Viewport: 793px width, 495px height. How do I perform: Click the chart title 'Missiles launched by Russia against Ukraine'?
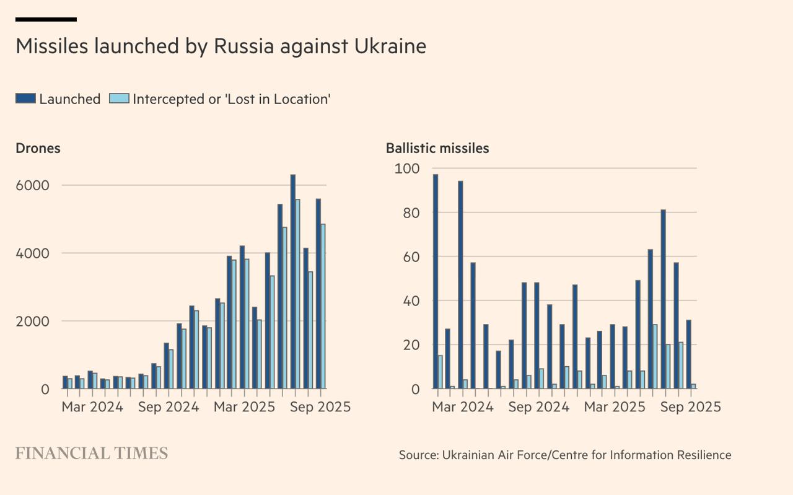click(x=221, y=46)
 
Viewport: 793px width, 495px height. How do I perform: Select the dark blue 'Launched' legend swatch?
click(x=25, y=99)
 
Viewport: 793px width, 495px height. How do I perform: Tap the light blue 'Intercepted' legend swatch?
click(x=119, y=99)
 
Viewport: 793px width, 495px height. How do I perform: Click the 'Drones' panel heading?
click(x=38, y=148)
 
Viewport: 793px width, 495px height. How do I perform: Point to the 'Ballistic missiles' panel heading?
click(x=437, y=148)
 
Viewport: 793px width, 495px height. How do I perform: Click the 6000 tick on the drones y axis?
click(x=37, y=185)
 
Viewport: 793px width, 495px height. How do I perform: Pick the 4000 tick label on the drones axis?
click(x=37, y=253)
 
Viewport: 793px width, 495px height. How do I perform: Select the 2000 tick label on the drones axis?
click(x=37, y=322)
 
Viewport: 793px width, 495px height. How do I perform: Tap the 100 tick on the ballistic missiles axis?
click(x=407, y=169)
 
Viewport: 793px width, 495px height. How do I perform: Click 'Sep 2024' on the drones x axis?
click(x=167, y=407)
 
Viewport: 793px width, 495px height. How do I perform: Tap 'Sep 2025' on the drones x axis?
click(x=319, y=407)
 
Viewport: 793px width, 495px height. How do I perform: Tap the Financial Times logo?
click(x=92, y=453)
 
